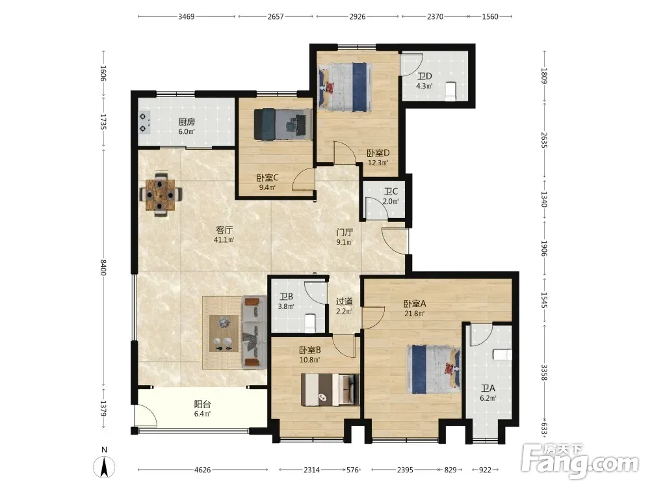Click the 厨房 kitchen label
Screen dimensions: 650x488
[x=187, y=122]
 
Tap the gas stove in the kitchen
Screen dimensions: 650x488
[x=144, y=123]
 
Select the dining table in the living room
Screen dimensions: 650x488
[x=161, y=194]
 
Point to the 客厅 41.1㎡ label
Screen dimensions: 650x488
[x=224, y=234]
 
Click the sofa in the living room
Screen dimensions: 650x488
[x=255, y=332]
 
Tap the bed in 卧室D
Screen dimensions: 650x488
[x=344, y=87]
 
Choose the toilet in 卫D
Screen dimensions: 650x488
[x=450, y=91]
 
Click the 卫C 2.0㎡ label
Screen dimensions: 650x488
[x=391, y=197]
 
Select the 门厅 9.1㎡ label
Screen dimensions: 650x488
[x=344, y=237]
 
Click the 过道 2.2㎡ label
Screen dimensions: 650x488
[x=344, y=306]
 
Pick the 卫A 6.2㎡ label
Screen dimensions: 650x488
[x=488, y=393]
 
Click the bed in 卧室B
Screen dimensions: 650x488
[x=330, y=389]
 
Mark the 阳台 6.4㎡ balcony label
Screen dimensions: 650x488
[x=202, y=409]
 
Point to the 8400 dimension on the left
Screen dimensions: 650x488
[x=103, y=267]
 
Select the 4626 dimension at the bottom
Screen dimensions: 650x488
[x=202, y=470]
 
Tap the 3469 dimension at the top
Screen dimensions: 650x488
[x=187, y=17]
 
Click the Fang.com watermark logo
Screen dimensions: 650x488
[x=580, y=461]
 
